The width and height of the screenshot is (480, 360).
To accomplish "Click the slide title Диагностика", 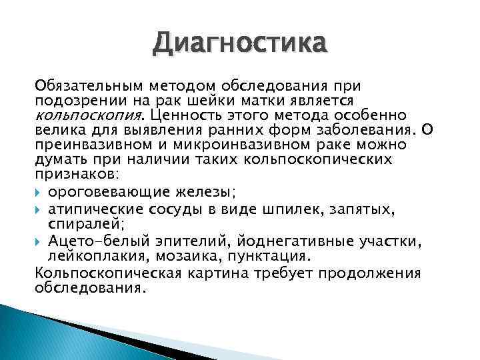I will [x=239, y=45].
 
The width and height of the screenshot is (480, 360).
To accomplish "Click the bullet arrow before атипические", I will [x=39, y=209].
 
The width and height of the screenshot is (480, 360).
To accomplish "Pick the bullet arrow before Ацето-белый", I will [x=39, y=241].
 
